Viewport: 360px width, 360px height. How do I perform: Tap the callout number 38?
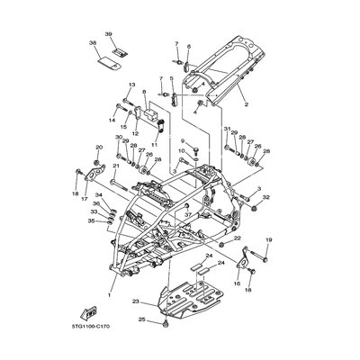pos(94,42)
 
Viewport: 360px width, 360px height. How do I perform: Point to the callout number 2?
pos(244,104)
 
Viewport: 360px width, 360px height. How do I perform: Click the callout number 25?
pos(141,318)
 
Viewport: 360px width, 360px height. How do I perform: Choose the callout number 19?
pos(267,240)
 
